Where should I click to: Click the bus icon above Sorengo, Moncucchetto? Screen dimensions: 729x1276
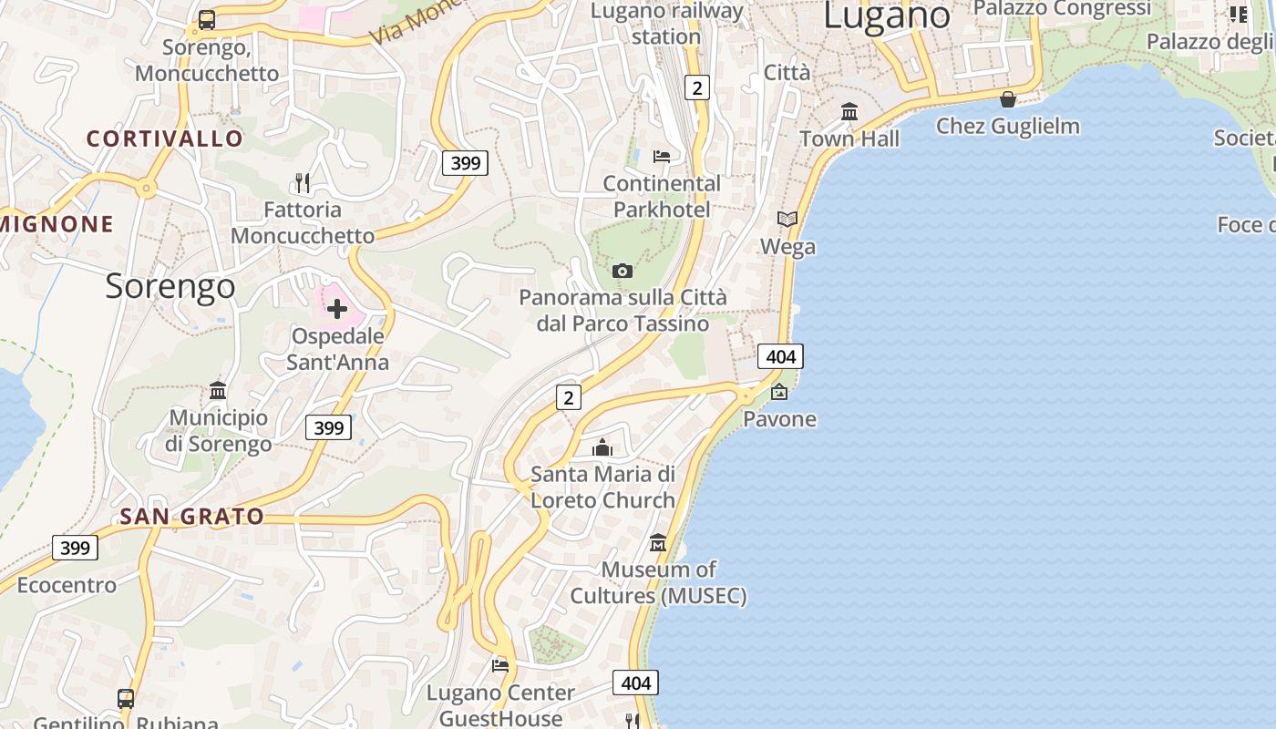click(207, 20)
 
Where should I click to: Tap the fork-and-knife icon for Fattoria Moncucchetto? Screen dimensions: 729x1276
click(303, 183)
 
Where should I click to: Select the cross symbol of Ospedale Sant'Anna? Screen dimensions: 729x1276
click(337, 309)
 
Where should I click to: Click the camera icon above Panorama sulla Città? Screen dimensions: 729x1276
click(623, 271)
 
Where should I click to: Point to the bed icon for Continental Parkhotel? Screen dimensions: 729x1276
click(662, 157)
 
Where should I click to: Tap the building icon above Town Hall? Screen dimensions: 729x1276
click(849, 112)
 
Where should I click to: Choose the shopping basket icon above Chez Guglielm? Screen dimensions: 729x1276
click(1008, 99)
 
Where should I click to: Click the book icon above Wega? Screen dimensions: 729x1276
click(787, 220)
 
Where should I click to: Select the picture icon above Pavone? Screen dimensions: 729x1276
click(779, 393)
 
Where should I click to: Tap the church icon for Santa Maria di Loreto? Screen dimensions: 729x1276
click(602, 447)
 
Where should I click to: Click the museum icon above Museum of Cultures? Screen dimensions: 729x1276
click(658, 543)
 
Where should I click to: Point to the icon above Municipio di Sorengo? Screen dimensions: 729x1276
click(218, 391)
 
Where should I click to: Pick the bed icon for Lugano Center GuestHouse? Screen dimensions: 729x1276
click(500, 666)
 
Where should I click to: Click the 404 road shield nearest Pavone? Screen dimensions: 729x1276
click(780, 356)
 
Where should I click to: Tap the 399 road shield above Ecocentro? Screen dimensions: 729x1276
click(75, 548)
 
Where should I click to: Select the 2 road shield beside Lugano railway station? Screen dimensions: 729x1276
click(697, 87)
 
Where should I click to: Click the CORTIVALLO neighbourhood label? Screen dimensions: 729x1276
click(165, 139)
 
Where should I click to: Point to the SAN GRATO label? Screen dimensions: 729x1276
click(192, 517)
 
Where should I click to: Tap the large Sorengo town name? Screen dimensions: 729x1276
click(170, 286)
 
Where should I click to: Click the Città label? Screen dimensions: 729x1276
click(787, 73)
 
